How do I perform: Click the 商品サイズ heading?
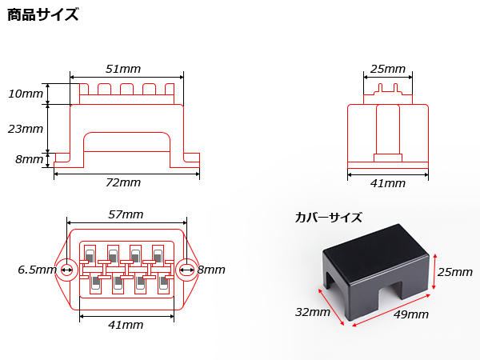tap(42, 14)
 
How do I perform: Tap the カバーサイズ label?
tap(329, 218)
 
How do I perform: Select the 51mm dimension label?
tap(123, 69)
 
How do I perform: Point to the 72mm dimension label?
tap(123, 182)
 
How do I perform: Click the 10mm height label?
tap(26, 94)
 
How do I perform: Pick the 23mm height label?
tap(26, 129)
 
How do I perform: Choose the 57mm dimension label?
tap(126, 214)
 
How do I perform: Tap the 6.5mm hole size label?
tap(37, 270)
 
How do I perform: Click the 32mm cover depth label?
tap(313, 312)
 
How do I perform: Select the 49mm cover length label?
tap(411, 314)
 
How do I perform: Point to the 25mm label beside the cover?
tap(455, 272)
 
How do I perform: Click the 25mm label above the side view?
tap(388, 69)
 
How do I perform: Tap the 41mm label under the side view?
tap(388, 183)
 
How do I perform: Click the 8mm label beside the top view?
tap(211, 270)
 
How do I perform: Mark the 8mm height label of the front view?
tap(30, 159)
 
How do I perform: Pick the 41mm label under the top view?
tap(126, 325)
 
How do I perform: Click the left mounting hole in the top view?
tap(66, 270)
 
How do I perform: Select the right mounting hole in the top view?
tap(186, 270)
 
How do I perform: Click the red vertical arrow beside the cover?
tap(434, 271)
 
